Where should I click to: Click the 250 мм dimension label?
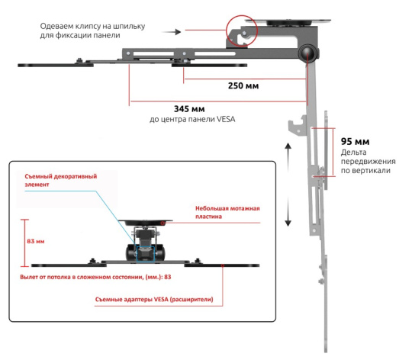point(243,85)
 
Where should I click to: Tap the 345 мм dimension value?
point(189,109)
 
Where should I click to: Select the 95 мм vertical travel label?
point(356,141)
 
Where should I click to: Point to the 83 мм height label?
point(36,241)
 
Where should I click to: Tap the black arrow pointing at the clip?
point(171,32)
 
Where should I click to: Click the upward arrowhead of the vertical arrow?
point(288,146)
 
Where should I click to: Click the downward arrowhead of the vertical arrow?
point(288,223)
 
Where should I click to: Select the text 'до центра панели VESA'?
point(192,119)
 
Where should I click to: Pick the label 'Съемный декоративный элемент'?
point(61,181)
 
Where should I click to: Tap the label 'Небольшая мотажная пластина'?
point(227,213)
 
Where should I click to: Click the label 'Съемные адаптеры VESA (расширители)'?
point(154,300)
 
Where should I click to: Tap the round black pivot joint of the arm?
point(308,53)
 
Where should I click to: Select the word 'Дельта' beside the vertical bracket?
point(354,153)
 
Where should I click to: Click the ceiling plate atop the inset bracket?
point(145,223)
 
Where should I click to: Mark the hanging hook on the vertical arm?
point(298,125)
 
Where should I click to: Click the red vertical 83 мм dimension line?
point(24,243)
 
